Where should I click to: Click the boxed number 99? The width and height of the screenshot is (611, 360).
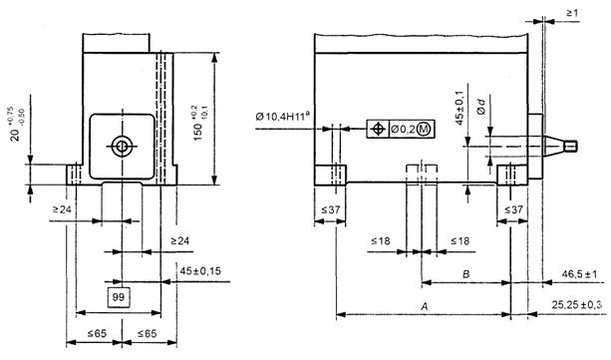(118, 297)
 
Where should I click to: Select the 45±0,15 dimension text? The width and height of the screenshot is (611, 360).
(200, 270)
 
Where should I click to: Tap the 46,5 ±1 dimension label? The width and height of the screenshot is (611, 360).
(579, 274)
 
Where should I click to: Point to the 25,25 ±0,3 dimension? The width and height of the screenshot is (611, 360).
(579, 304)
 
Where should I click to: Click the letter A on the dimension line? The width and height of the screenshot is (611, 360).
(425, 306)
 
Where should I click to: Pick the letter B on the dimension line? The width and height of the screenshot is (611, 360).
(466, 274)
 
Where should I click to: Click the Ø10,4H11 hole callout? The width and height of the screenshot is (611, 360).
(283, 117)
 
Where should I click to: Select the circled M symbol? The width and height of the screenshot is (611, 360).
(424, 129)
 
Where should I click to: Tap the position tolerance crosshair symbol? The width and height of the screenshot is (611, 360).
(377, 129)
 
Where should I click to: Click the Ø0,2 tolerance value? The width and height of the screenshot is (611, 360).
(403, 130)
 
